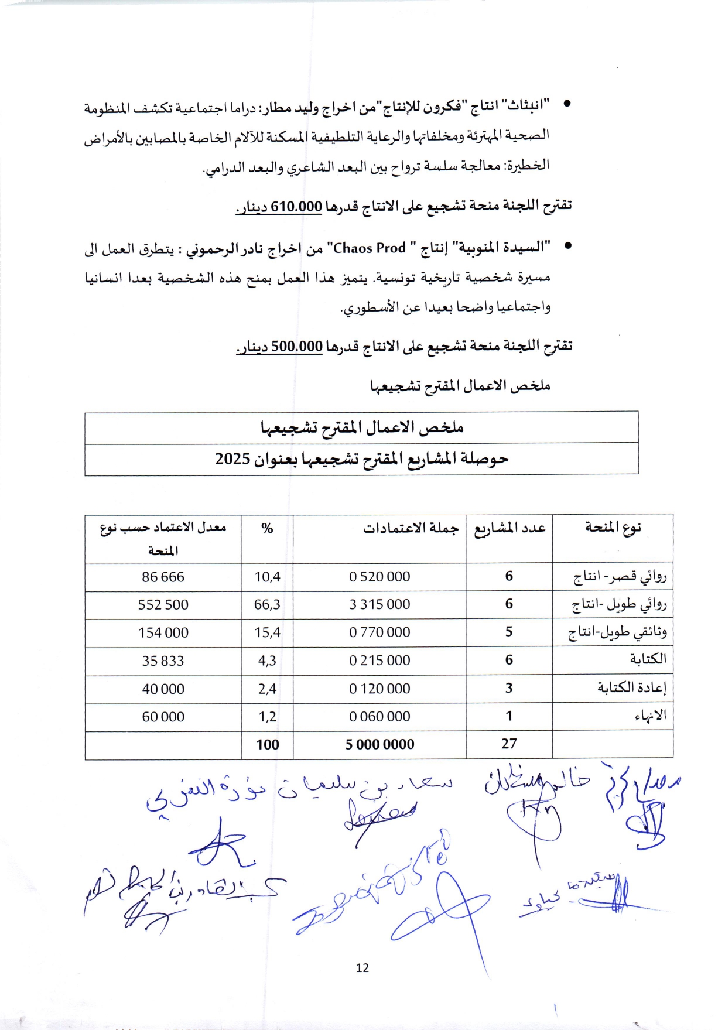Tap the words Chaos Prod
tap(370, 248)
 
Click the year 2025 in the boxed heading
tap(232, 458)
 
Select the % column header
tap(267, 528)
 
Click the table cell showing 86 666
tap(163, 577)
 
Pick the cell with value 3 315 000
tap(379, 605)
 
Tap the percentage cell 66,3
tap(267, 605)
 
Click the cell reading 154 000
tap(163, 633)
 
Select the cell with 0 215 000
tap(379, 661)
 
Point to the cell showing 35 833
tap(163, 661)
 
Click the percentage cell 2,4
tap(267, 689)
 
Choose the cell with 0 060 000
tap(379, 717)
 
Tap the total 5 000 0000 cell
tap(379, 745)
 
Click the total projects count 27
tap(509, 744)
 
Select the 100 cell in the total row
tap(267, 745)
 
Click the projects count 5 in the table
tap(509, 632)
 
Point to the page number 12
tap(363, 968)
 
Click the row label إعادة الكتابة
tap(632, 688)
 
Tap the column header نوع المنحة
tap(613, 528)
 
